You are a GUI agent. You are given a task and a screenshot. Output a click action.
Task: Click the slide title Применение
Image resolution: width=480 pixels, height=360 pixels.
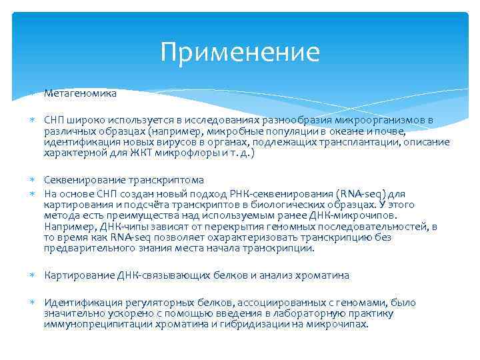(x=240, y=52)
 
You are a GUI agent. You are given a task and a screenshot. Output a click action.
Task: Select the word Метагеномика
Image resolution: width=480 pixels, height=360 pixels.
(x=80, y=94)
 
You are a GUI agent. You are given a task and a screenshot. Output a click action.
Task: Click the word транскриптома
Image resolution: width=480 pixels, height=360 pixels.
(x=163, y=180)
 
